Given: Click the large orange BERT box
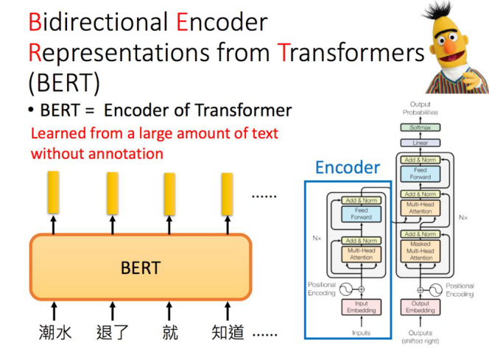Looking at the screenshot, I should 140,267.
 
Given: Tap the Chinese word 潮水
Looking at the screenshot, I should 55,333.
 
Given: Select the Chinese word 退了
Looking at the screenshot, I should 113,333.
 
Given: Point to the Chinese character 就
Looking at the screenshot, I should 170,333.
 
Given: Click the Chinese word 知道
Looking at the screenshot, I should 227,333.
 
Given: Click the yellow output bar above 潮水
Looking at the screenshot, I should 54,192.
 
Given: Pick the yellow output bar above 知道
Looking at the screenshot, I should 228,193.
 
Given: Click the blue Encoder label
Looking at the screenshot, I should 347,168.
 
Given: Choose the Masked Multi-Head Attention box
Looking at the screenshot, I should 421,250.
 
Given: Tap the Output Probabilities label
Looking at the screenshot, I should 420,108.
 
